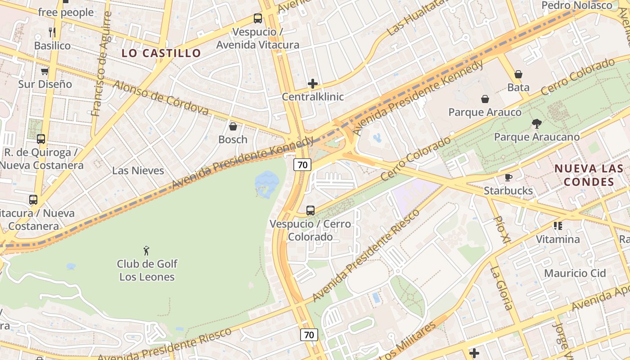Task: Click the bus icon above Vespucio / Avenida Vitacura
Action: (x=257, y=18)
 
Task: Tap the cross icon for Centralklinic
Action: (x=313, y=84)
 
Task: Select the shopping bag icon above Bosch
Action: (x=233, y=126)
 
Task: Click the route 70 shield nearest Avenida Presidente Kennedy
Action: (x=302, y=165)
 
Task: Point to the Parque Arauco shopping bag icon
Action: (x=485, y=99)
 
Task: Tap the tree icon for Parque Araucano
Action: (x=536, y=123)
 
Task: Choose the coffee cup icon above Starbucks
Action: (x=508, y=177)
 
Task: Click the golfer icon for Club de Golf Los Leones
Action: (x=146, y=251)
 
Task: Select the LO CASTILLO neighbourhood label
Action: (x=161, y=53)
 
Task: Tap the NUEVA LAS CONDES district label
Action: (x=589, y=175)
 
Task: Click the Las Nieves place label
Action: (x=138, y=171)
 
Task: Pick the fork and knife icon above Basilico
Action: (x=52, y=32)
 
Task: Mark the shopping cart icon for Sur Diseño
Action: (x=45, y=71)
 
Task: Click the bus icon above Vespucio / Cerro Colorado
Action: (x=310, y=210)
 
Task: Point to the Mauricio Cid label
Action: (x=575, y=273)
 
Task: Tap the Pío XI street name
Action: (x=501, y=230)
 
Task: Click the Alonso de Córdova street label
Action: (x=161, y=97)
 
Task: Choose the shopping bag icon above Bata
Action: (x=518, y=74)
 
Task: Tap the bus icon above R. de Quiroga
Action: (x=41, y=139)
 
